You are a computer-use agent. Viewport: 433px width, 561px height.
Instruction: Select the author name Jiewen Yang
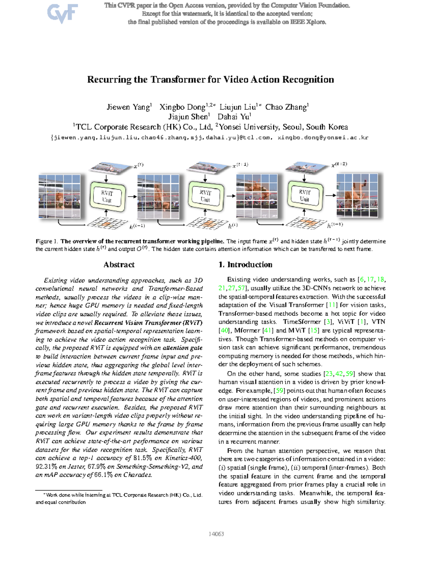point(128,107)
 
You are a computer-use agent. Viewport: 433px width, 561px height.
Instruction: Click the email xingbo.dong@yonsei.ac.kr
point(323,138)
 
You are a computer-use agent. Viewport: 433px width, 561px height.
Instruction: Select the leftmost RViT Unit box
point(107,197)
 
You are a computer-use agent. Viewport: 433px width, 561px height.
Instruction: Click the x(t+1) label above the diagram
point(240,165)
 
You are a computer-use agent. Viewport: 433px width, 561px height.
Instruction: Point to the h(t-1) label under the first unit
point(137,226)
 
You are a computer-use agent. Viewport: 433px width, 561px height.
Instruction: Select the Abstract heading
point(119,265)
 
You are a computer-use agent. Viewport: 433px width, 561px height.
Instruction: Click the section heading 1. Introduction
point(245,265)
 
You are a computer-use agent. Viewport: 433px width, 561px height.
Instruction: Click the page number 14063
point(216,534)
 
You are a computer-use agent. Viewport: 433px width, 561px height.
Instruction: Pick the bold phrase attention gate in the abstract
point(182,348)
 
